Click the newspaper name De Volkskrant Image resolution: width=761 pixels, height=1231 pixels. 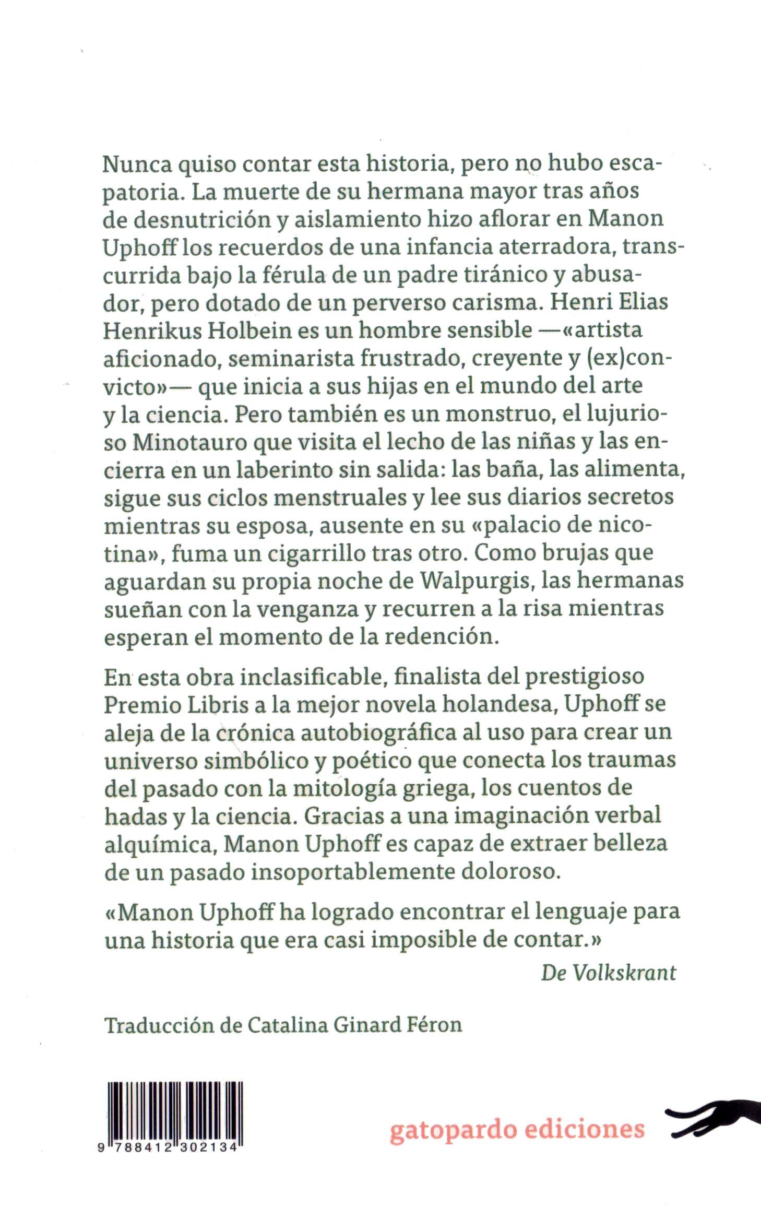(609, 972)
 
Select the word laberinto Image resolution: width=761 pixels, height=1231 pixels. (271, 469)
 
